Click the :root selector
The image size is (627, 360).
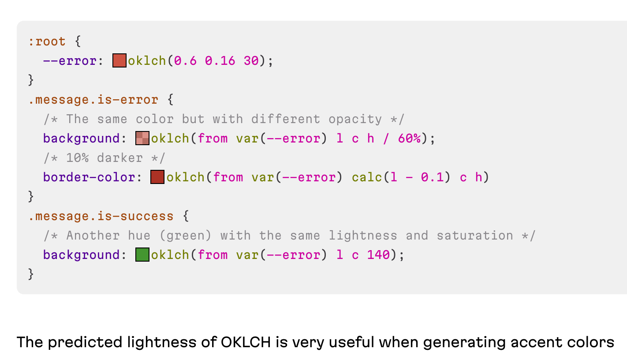(x=47, y=41)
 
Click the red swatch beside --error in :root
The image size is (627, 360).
(x=119, y=60)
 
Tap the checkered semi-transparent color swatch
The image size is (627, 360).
(x=142, y=138)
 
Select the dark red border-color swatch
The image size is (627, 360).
(x=157, y=177)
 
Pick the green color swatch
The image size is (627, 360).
(x=142, y=255)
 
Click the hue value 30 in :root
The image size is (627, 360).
(x=251, y=60)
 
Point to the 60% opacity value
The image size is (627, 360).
(x=409, y=139)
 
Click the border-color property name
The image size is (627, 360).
(x=89, y=177)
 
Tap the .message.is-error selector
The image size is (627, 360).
(x=93, y=100)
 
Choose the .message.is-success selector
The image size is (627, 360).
(x=101, y=216)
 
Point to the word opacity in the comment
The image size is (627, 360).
(x=355, y=119)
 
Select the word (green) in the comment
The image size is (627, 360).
(x=185, y=236)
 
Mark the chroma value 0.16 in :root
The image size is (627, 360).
(x=220, y=60)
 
